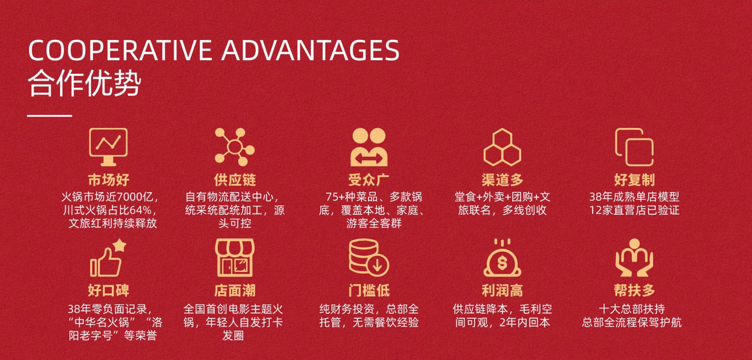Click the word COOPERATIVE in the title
point(120,51)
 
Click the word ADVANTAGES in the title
point(311,51)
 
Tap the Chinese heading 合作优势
point(85,83)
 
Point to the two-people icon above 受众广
point(369,147)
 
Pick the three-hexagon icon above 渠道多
point(502,147)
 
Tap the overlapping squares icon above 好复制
point(634,147)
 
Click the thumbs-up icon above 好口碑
point(108,258)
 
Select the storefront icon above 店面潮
point(234,258)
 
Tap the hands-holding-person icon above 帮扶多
point(634,258)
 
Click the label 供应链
point(235,180)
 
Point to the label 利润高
point(502,290)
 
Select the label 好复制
point(634,180)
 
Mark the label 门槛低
point(369,290)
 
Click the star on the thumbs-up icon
point(120,245)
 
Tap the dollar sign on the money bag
point(502,263)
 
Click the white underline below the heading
point(50,116)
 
